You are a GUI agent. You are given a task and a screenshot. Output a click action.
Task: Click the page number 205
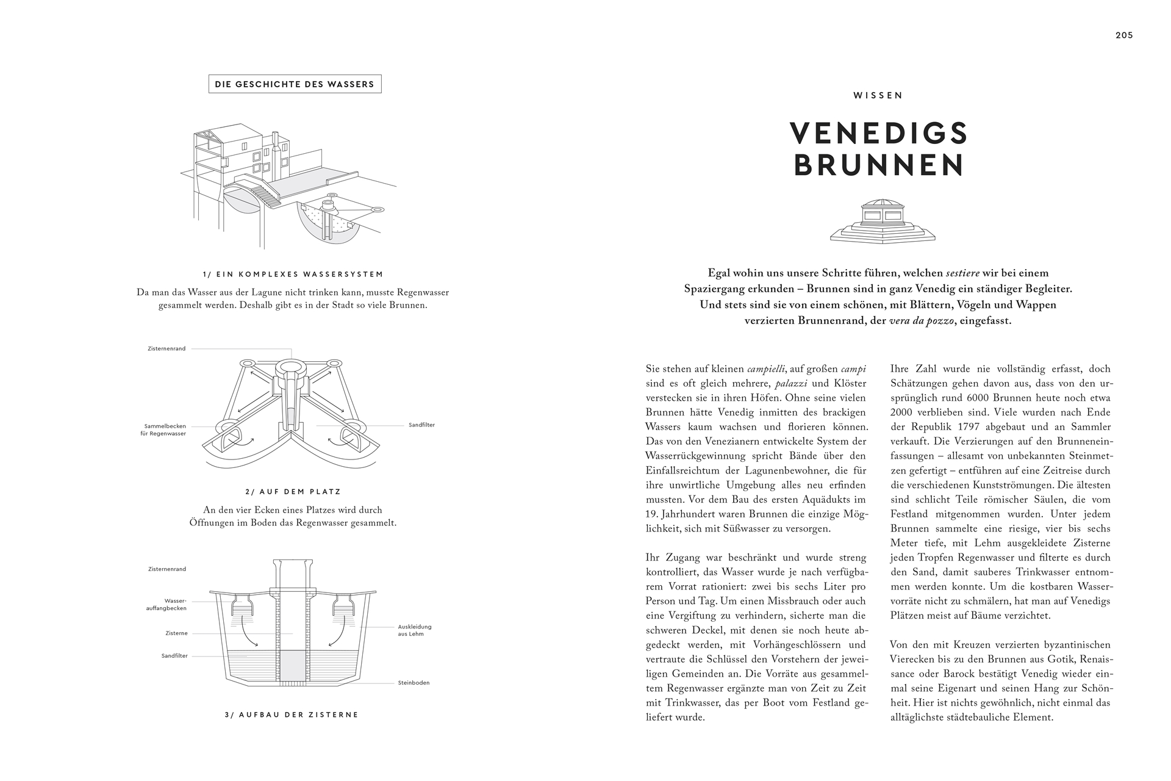[1124, 35]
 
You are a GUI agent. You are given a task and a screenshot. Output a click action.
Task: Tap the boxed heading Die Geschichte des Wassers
[295, 84]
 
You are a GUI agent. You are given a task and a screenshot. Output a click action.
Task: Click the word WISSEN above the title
[878, 95]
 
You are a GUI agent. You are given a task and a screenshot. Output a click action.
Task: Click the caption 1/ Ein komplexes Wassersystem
[293, 275]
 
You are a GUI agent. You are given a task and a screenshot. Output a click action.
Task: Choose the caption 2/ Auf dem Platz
[293, 491]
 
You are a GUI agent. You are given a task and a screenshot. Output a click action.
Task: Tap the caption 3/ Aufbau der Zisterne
[292, 714]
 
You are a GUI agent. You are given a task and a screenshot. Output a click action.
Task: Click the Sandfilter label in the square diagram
[421, 425]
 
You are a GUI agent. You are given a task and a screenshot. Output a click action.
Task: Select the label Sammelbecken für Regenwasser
[165, 430]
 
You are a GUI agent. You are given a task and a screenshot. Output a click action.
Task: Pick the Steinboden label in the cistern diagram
[414, 683]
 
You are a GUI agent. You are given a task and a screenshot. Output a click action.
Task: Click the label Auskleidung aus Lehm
[415, 630]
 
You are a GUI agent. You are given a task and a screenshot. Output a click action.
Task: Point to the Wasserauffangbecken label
[167, 604]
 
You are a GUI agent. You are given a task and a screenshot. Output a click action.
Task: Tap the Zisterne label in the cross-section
[176, 633]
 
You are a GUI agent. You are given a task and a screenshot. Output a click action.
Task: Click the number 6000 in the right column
[979, 398]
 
